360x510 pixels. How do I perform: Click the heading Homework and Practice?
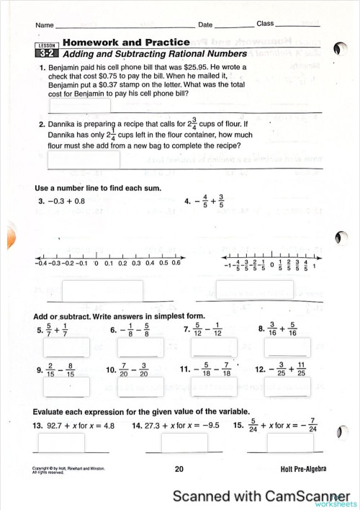126,43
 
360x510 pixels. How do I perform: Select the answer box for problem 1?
79,105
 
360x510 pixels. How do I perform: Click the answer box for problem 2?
84,159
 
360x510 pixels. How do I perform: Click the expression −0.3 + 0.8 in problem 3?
66,201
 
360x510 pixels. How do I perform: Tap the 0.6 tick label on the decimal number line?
176,263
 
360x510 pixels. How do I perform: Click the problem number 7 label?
187,330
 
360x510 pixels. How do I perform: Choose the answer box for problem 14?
184,443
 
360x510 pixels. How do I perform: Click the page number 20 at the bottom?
180,469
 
